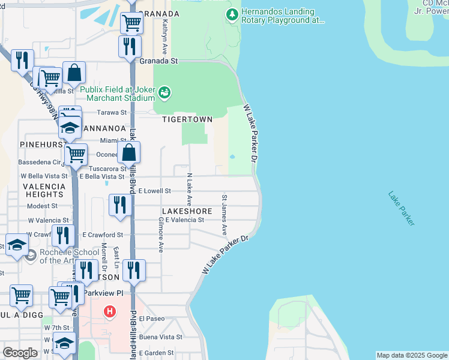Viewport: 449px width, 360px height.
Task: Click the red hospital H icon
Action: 109,311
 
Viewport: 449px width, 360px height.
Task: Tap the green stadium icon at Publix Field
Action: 164,93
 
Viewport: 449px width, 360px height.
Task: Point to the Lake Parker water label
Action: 401,208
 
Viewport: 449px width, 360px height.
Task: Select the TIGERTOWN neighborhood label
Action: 187,119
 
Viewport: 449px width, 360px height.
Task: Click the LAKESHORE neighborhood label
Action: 186,211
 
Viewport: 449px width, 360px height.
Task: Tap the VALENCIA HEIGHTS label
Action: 43,190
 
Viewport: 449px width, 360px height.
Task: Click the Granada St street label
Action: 159,61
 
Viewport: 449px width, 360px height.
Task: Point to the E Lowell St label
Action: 155,191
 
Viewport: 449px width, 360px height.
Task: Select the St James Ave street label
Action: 225,214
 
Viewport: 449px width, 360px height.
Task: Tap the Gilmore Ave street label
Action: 160,235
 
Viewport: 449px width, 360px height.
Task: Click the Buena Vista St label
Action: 161,337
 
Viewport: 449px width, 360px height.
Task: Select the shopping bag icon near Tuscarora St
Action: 129,152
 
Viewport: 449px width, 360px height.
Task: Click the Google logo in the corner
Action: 20,353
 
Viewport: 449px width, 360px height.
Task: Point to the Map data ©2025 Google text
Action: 412,355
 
